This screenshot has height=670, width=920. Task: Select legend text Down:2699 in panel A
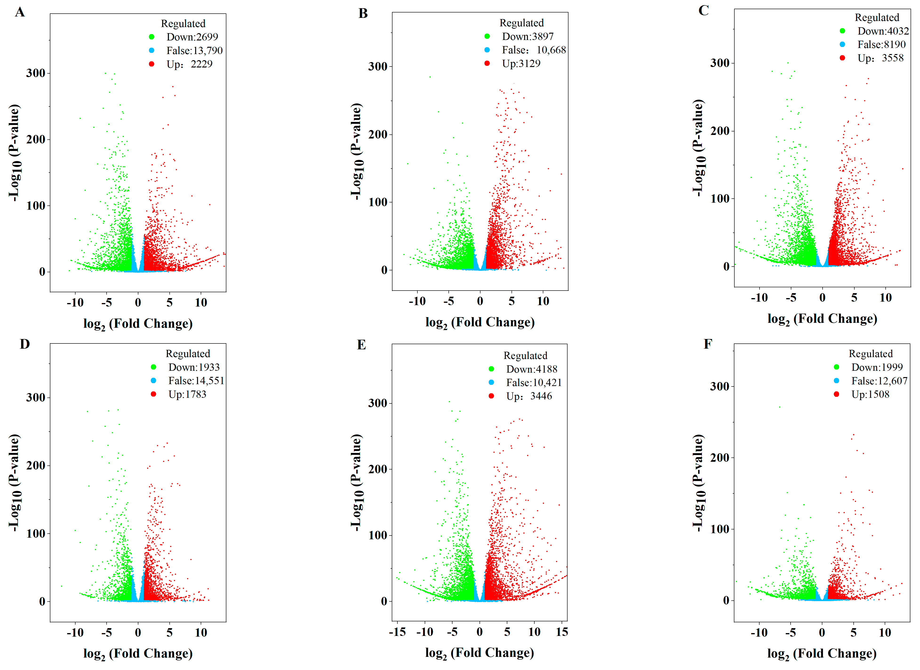192,37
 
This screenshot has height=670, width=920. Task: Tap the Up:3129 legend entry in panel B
521,64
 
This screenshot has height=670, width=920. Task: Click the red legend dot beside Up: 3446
491,396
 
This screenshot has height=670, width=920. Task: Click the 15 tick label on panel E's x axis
562,632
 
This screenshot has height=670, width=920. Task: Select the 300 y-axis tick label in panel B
377,67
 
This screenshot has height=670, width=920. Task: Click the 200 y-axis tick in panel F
720,458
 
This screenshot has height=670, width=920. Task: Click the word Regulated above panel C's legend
877,17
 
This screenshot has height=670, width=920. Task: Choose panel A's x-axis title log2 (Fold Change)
138,324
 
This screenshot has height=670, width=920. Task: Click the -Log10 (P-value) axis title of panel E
356,483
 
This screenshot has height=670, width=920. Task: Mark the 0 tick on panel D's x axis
138,633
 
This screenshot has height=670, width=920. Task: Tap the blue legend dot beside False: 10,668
487,50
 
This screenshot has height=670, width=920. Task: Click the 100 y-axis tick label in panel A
36,206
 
